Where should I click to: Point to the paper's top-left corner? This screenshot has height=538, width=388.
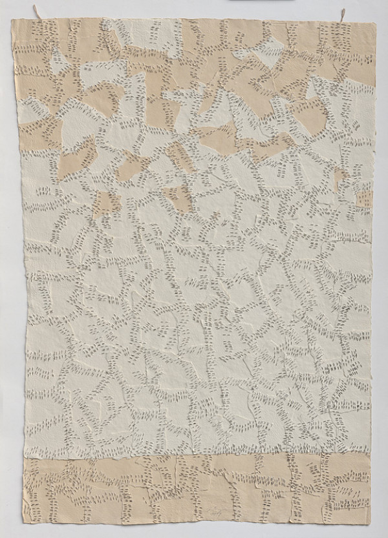(14, 19)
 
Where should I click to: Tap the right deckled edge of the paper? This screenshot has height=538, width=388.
(373, 271)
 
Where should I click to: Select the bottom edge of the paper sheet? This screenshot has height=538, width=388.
(194, 520)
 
